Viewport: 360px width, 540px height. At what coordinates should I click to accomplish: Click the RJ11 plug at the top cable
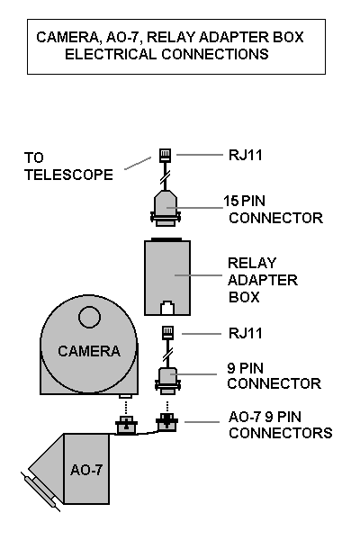(165, 156)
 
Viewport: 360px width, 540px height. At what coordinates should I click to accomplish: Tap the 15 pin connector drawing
(166, 208)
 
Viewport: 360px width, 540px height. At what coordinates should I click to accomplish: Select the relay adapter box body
(167, 277)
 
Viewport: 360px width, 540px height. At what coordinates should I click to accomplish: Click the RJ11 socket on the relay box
(167, 308)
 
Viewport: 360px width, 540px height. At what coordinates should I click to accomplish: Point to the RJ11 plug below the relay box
(167, 333)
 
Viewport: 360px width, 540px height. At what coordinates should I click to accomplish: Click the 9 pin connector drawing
(167, 380)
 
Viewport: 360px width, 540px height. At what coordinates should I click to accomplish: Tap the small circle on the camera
(90, 317)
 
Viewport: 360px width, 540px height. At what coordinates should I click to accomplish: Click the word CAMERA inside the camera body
(89, 351)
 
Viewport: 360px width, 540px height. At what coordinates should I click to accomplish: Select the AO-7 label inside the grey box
(86, 470)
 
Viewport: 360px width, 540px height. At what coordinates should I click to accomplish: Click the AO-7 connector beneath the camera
(126, 425)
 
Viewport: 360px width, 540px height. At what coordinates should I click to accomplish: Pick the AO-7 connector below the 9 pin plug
(167, 423)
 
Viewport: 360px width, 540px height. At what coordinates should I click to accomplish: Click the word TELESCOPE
(68, 175)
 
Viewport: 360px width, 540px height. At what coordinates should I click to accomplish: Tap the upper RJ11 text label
(246, 155)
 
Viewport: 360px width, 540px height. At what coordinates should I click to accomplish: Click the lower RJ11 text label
(246, 333)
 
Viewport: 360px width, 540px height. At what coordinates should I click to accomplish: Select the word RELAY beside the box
(252, 263)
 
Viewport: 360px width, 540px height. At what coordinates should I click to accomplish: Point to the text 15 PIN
(244, 201)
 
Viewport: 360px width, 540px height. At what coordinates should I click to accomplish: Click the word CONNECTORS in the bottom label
(281, 433)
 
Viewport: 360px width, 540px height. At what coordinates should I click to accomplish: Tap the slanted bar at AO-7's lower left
(40, 491)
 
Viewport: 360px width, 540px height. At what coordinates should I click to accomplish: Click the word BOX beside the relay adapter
(244, 297)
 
